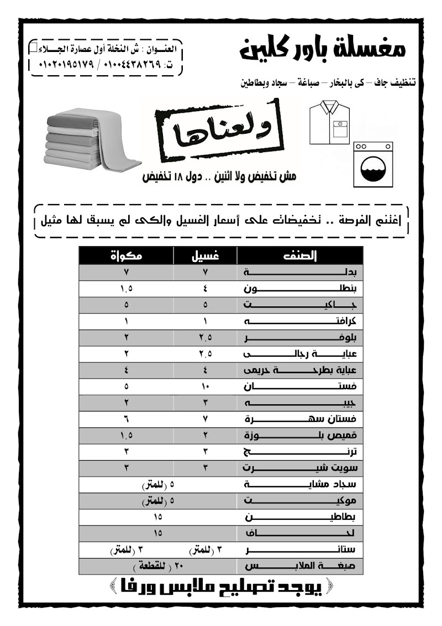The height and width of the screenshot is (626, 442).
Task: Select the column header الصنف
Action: (x=300, y=256)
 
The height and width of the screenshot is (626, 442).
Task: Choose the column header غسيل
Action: (x=205, y=256)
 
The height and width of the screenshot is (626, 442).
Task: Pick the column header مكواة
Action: (x=127, y=256)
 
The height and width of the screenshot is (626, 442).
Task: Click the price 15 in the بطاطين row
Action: (x=157, y=518)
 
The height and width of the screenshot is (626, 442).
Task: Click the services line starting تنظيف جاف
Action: (x=329, y=84)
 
